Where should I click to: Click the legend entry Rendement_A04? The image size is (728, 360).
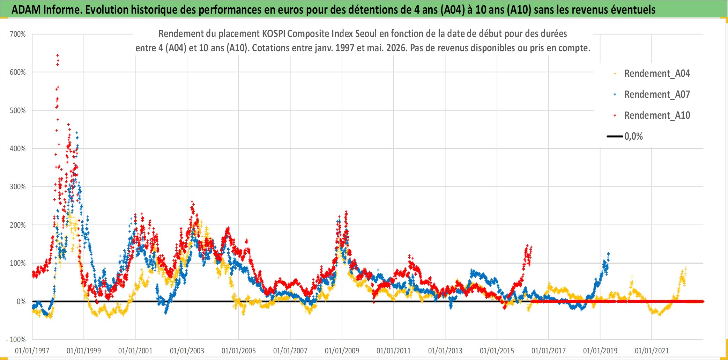pos(657,73)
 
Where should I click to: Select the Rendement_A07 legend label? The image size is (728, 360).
pos(657,94)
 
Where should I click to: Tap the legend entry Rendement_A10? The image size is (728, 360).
pos(657,115)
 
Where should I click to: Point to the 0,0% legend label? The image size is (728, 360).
pos(633,136)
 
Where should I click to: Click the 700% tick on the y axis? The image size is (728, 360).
pos(18,34)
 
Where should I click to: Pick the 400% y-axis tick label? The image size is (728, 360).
pos(18,148)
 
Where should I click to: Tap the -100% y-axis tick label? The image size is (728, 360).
pos(16,339)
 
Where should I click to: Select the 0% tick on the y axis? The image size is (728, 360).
pos(21,301)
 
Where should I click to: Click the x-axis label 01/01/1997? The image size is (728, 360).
pos(32,351)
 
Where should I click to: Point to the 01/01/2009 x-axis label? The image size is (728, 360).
pos(342,351)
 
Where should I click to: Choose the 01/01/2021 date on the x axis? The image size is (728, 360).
pos(652,351)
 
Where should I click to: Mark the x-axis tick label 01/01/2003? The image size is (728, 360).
pos(187,351)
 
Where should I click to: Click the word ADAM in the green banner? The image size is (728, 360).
pos(26,9)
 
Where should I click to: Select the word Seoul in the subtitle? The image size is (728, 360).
pos(366,34)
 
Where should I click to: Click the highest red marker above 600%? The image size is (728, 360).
pos(58,55)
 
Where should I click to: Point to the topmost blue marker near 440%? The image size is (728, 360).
pos(77,133)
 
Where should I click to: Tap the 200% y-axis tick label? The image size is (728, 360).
pos(18,225)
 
